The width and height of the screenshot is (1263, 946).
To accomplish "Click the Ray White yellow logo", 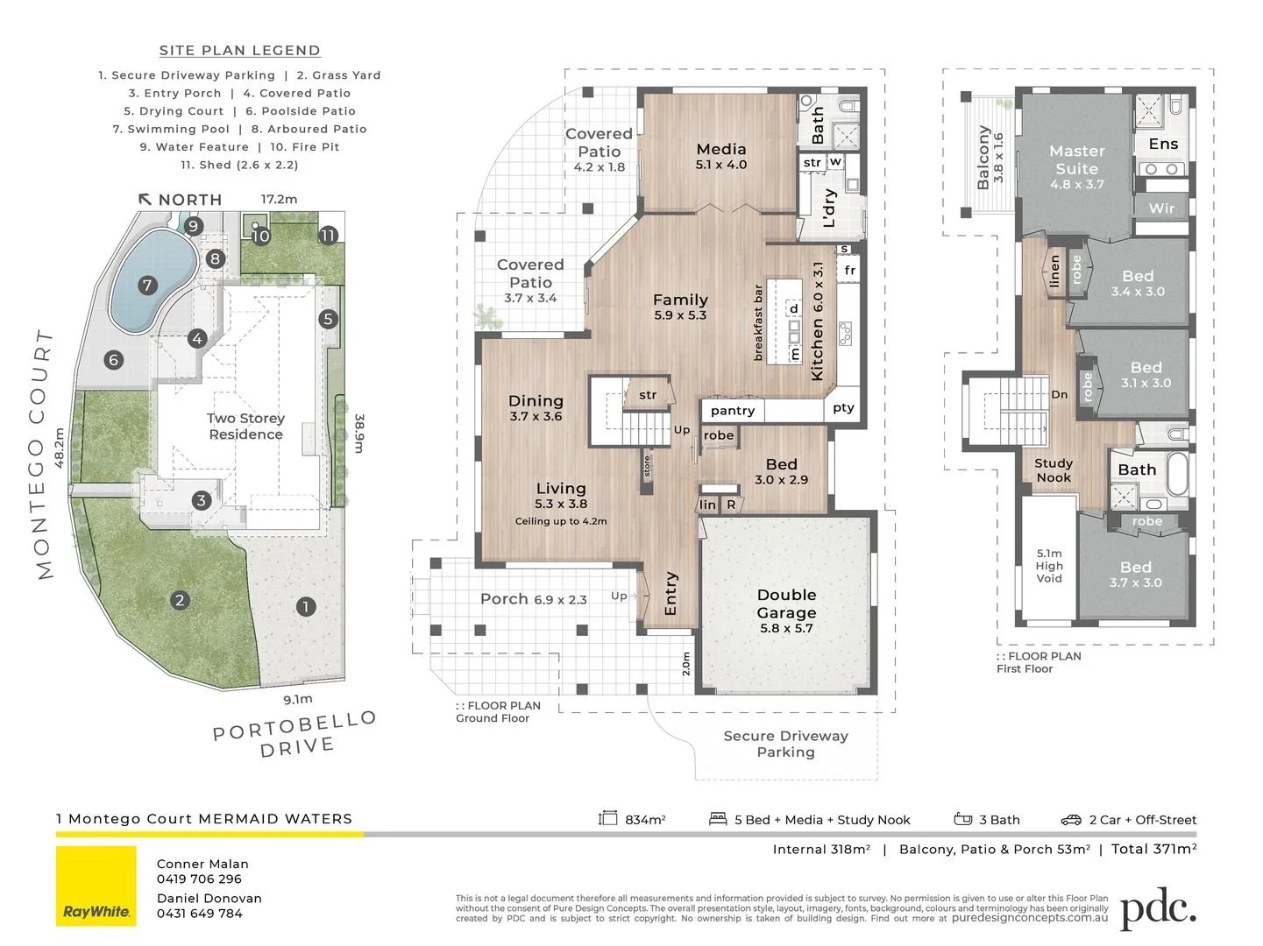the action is coord(96,886).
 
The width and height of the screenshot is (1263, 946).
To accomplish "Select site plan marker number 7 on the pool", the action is coord(147,286).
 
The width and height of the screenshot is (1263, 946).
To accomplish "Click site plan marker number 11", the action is coord(328,236).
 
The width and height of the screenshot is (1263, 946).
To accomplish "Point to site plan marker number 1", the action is coord(306,606).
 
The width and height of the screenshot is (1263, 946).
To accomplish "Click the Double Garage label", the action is coord(786,604).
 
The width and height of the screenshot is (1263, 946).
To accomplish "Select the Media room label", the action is coord(721,149).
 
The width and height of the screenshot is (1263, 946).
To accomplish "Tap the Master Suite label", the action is coord(1077,160).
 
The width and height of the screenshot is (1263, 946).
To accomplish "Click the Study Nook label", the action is coord(1054,469).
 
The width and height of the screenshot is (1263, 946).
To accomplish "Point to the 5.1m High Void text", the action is coord(1049,566).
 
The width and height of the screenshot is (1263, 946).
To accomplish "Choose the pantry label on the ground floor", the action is coord(733,411).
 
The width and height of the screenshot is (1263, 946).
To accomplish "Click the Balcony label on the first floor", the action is coord(983,158).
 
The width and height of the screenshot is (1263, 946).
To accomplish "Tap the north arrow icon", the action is coord(145,199).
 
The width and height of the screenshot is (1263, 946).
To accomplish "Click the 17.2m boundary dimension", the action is coord(279,199).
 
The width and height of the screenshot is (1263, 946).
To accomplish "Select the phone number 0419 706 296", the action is coord(199,879).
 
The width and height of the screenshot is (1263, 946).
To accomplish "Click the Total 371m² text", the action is coord(1153,849).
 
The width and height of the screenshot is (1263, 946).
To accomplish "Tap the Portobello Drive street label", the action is coord(295,734).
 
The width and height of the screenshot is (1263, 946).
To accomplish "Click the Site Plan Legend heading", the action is coord(240,51).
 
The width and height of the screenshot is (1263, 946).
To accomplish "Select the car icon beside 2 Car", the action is coord(1071,820).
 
